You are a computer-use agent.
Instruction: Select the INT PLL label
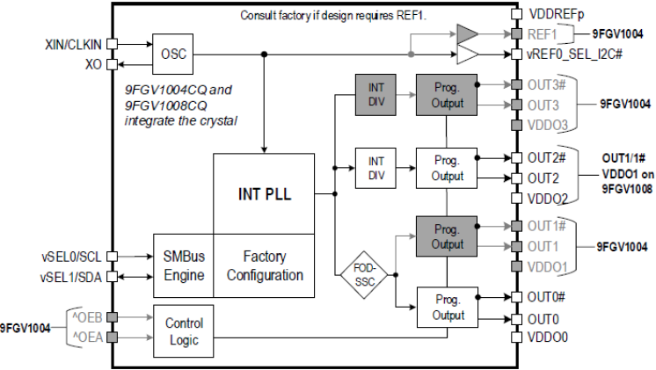264,193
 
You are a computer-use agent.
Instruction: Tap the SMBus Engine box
183,266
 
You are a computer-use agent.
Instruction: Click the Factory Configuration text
265,266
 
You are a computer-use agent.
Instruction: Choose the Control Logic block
183,330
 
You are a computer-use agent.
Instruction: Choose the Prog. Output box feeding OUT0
447,308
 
